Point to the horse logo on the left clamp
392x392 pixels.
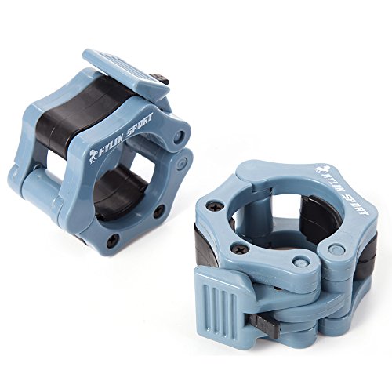[93, 157]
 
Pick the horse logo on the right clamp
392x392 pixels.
[320, 169]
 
